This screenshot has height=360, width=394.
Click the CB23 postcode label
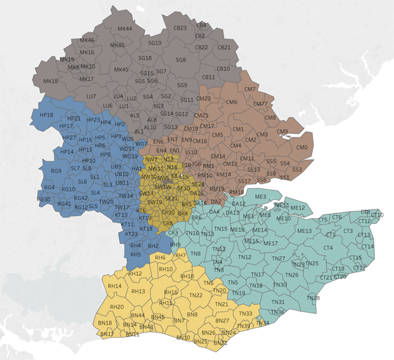180,28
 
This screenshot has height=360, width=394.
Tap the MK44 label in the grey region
124,29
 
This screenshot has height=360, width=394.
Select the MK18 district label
50,81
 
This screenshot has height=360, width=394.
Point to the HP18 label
46,116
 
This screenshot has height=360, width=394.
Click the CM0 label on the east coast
302,147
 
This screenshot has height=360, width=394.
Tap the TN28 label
314,298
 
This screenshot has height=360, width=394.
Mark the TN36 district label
278,312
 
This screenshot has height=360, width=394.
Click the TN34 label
263,323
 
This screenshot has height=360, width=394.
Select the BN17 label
107,334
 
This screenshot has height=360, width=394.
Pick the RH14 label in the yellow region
114,285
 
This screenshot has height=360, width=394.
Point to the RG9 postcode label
56,171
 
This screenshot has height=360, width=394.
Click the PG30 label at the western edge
44,200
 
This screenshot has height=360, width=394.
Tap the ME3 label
260,196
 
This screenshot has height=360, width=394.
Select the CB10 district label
223,68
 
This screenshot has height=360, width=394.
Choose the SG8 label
181,60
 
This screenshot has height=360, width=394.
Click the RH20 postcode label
117,307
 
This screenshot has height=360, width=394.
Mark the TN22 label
195,295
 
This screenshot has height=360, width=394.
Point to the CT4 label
328,247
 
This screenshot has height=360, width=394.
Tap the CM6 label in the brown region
232,102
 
